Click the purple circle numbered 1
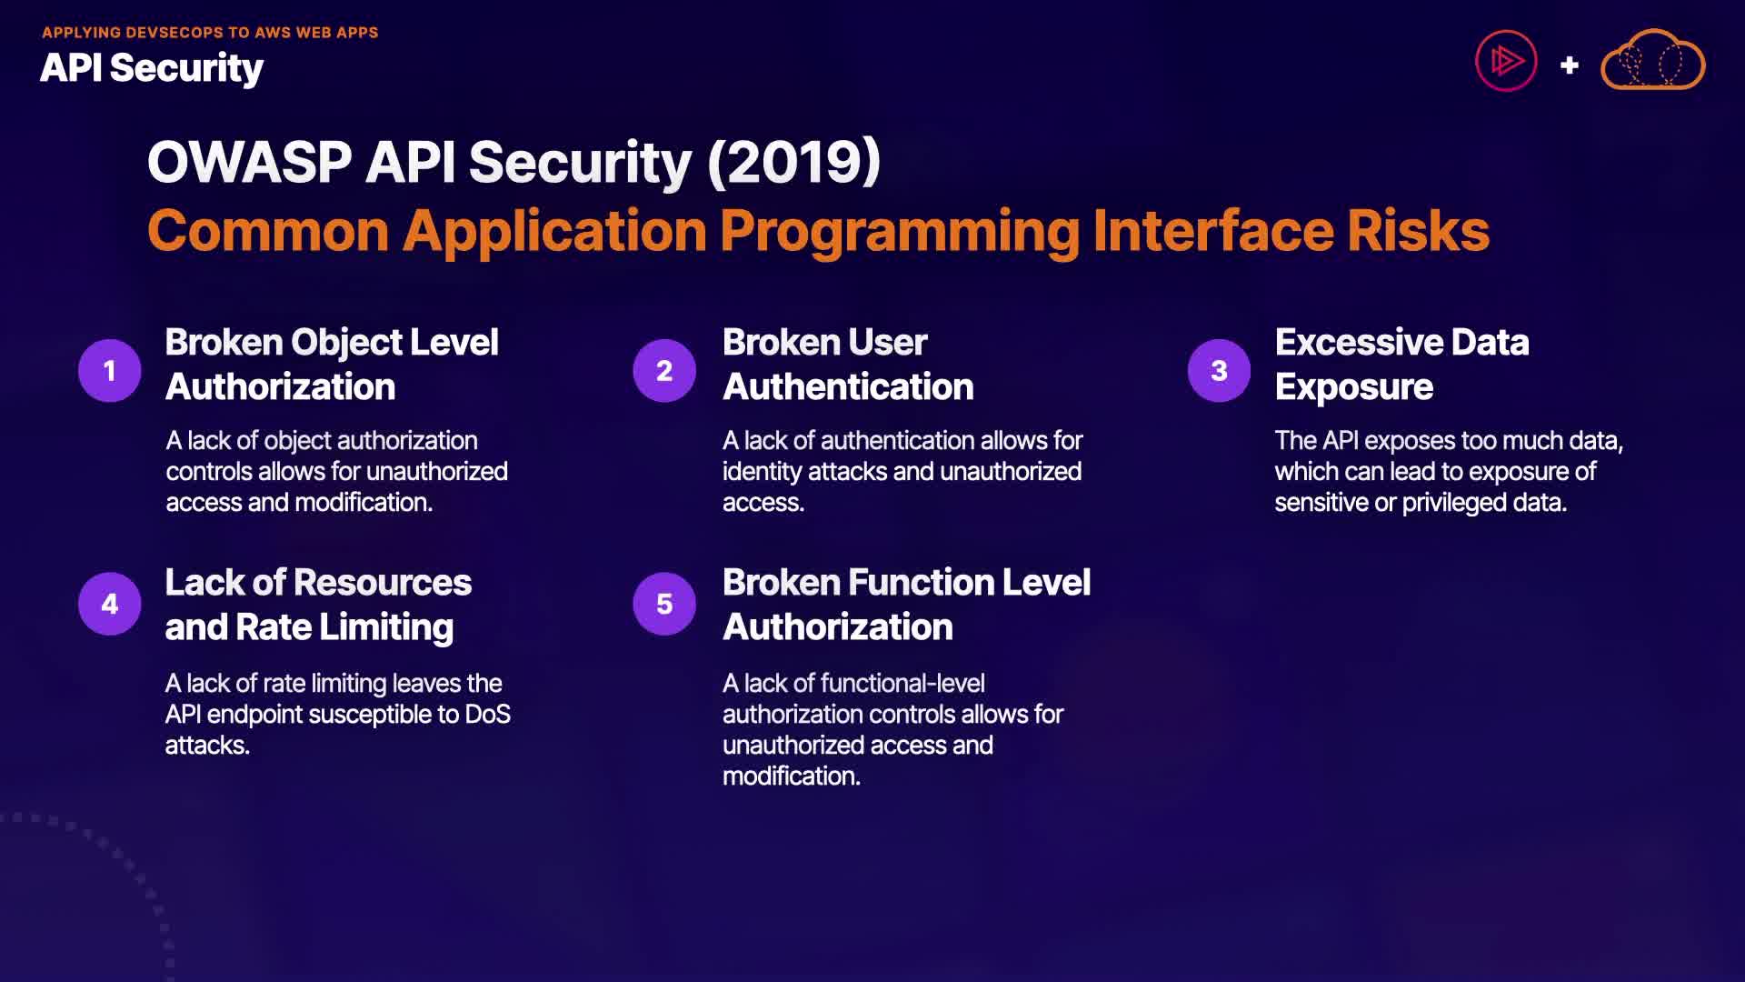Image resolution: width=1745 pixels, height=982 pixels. [x=110, y=370]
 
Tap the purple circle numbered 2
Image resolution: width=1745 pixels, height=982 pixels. [x=664, y=370]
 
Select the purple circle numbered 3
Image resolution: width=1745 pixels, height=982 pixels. [x=1219, y=370]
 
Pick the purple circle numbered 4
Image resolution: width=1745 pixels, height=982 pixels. [x=110, y=604]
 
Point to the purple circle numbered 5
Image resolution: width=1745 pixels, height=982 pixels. [x=664, y=604]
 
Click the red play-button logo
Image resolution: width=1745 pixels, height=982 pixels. [x=1506, y=61]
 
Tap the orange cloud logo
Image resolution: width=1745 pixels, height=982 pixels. [x=1652, y=60]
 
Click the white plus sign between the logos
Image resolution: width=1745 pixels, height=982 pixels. [x=1569, y=65]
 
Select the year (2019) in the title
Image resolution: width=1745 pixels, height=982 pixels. [x=793, y=163]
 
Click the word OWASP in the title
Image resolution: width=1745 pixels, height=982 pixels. [x=250, y=163]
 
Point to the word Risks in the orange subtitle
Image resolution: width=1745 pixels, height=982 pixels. [x=1418, y=231]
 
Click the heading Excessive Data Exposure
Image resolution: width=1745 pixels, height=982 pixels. [x=1401, y=365]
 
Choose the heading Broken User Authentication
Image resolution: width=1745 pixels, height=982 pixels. [x=848, y=365]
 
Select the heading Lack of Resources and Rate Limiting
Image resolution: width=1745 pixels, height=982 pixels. [x=318, y=605]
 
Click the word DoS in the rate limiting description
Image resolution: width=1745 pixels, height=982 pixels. [x=487, y=715]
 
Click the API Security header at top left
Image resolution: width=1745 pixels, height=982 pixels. [x=152, y=68]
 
